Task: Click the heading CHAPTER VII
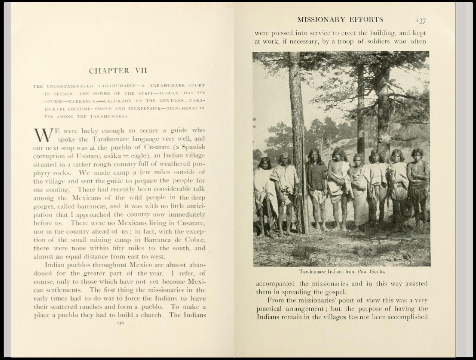pos(118,71)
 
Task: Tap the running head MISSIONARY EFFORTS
pos(340,20)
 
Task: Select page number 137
pos(421,21)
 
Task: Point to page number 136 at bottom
pos(120,323)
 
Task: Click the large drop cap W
pos(43,135)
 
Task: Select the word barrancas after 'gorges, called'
pos(96,206)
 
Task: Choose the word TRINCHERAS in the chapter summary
pos(186,108)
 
